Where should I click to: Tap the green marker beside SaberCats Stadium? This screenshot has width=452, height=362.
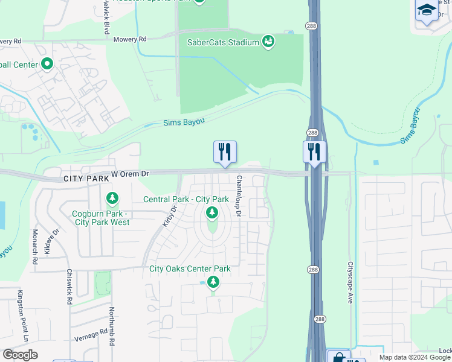pyautogui.click(x=268, y=42)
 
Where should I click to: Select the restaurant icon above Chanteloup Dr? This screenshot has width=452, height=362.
pyautogui.click(x=225, y=152)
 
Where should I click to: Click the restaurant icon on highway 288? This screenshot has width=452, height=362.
pyautogui.click(x=314, y=152)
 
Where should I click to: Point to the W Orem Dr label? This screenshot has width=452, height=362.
pyautogui.click(x=130, y=174)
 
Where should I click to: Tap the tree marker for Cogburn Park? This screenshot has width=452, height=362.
pyautogui.click(x=112, y=197)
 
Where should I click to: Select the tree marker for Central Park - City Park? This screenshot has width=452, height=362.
pyautogui.click(x=211, y=212)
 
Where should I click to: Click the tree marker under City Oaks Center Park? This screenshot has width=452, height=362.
pyautogui.click(x=213, y=281)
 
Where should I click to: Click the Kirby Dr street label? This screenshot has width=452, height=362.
pyautogui.click(x=170, y=216)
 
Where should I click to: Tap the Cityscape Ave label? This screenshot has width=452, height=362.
pyautogui.click(x=350, y=282)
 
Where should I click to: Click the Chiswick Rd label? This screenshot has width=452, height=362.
pyautogui.click(x=70, y=287)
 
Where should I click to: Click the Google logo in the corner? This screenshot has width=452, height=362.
pyautogui.click(x=21, y=355)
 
